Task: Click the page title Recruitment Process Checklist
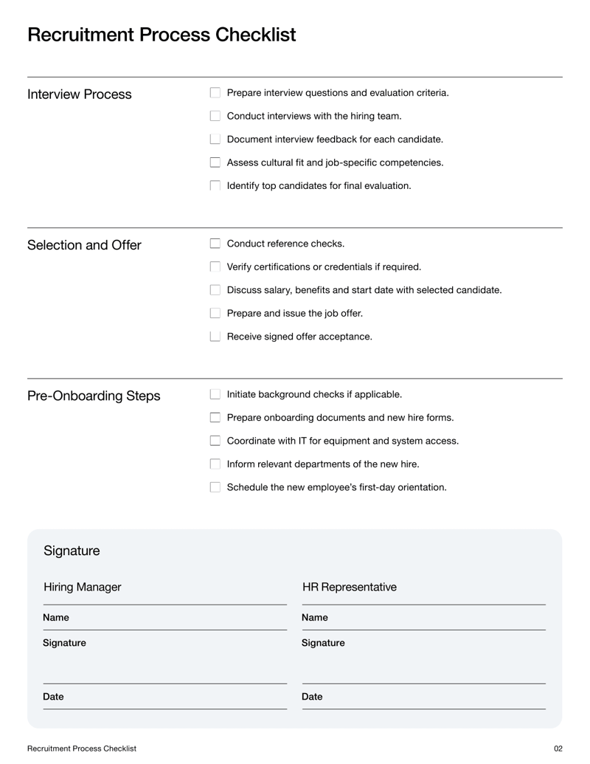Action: click(x=162, y=35)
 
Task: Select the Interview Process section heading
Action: click(x=79, y=94)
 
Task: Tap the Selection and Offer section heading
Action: click(x=84, y=245)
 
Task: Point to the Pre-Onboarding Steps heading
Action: click(x=94, y=396)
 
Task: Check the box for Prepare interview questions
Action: click(x=215, y=93)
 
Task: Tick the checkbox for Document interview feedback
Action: click(x=215, y=140)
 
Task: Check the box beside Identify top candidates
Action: click(x=215, y=186)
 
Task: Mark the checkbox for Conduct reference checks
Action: click(x=215, y=244)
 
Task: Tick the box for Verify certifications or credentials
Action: click(x=215, y=267)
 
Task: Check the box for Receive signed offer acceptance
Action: click(x=215, y=337)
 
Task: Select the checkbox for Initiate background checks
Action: click(x=215, y=395)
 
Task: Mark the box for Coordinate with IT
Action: click(x=215, y=441)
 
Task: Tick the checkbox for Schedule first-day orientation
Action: click(x=215, y=487)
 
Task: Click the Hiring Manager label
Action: click(x=82, y=588)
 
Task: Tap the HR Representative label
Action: click(x=349, y=588)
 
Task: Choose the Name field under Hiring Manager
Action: click(x=164, y=618)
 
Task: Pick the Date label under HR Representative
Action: click(x=312, y=697)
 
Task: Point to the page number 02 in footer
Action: click(x=558, y=748)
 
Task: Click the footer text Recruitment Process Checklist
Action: click(x=82, y=748)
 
